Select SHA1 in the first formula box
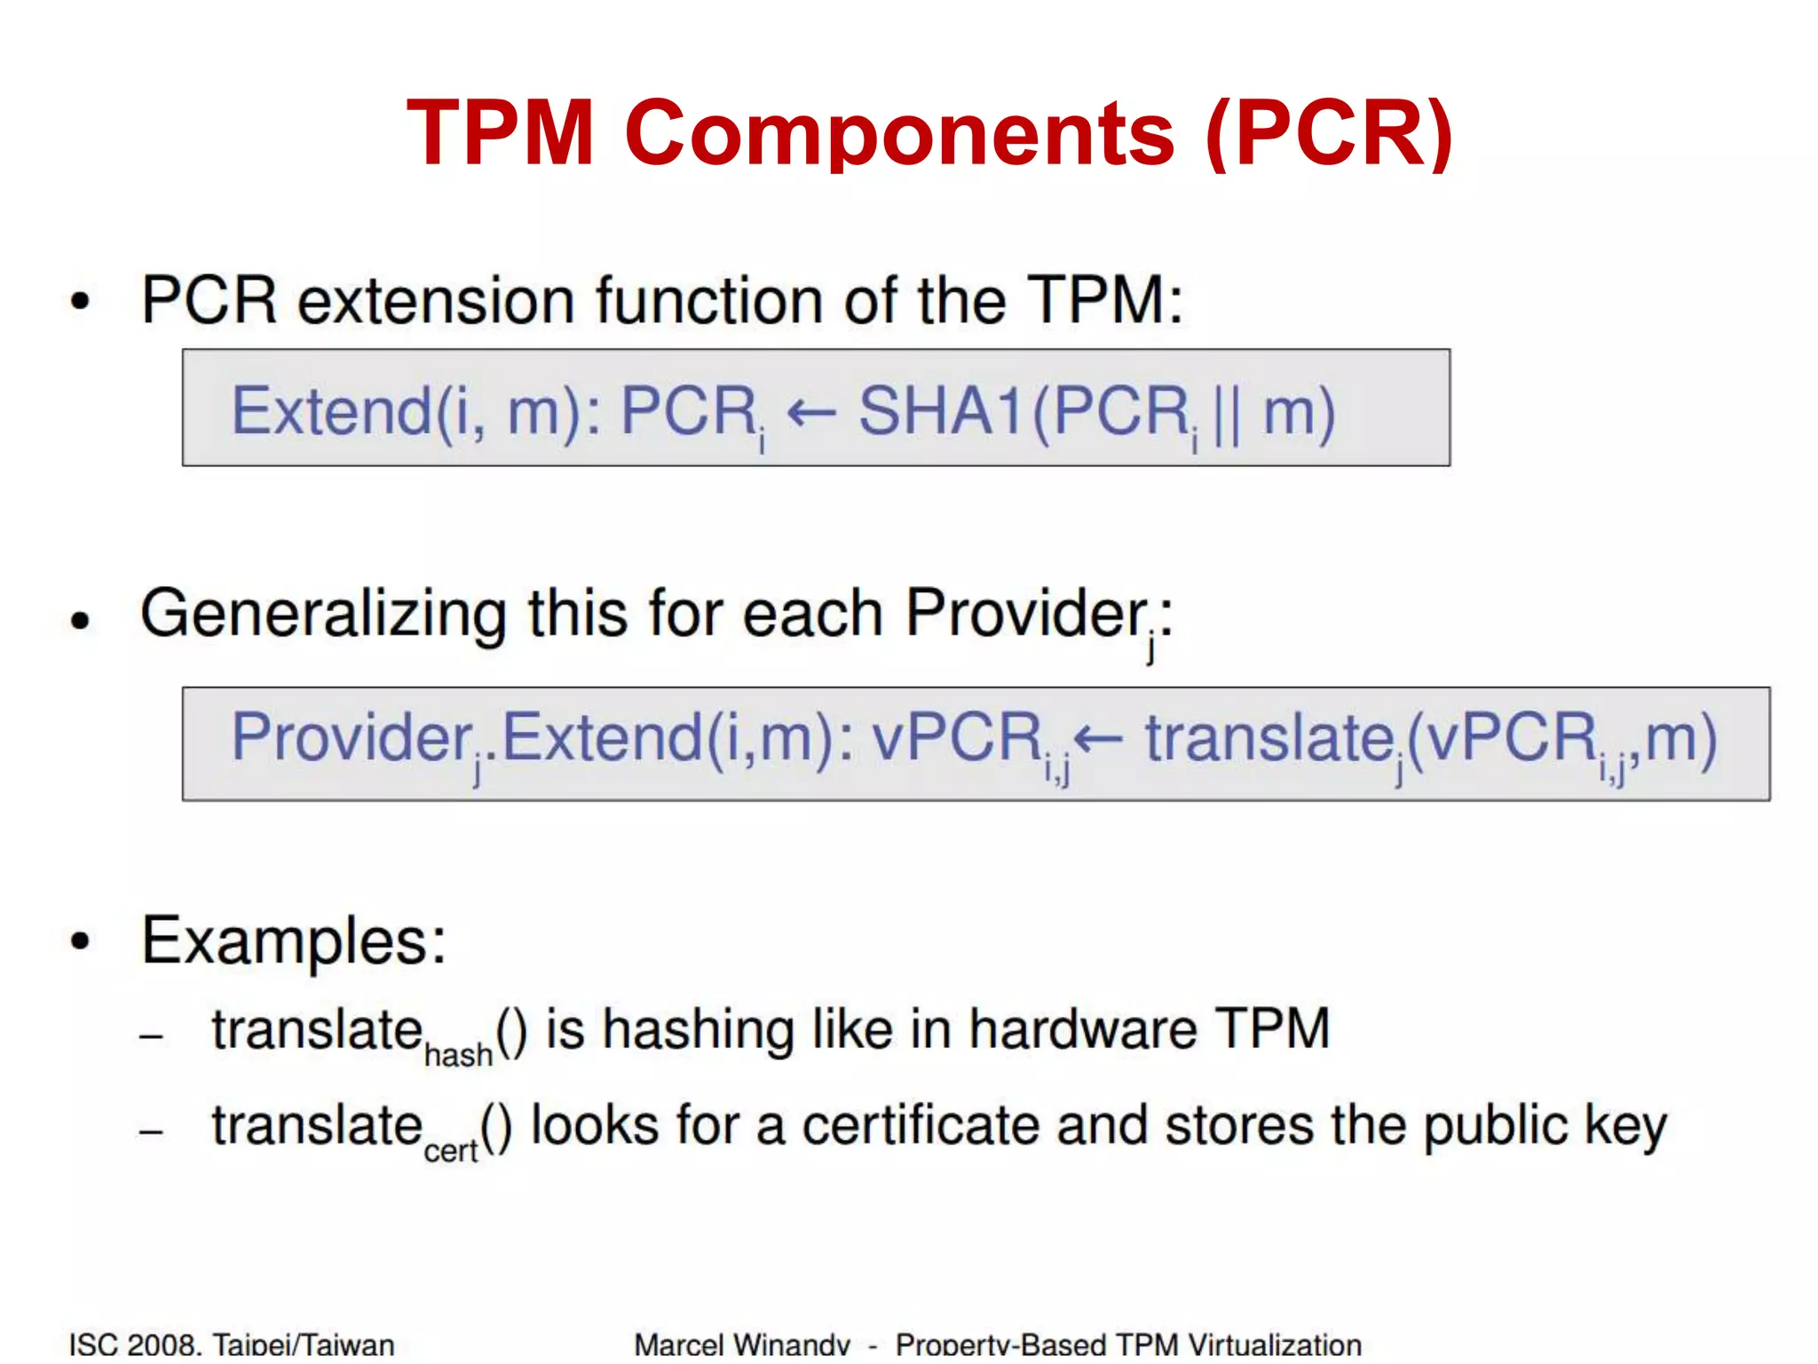click(943, 411)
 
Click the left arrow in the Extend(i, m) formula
click(811, 412)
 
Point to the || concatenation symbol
click(1227, 414)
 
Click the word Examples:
click(294, 940)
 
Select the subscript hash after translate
click(458, 1055)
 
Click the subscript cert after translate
click(451, 1151)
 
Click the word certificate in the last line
click(921, 1126)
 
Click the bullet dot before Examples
click(81, 941)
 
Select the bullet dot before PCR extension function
click(81, 301)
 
